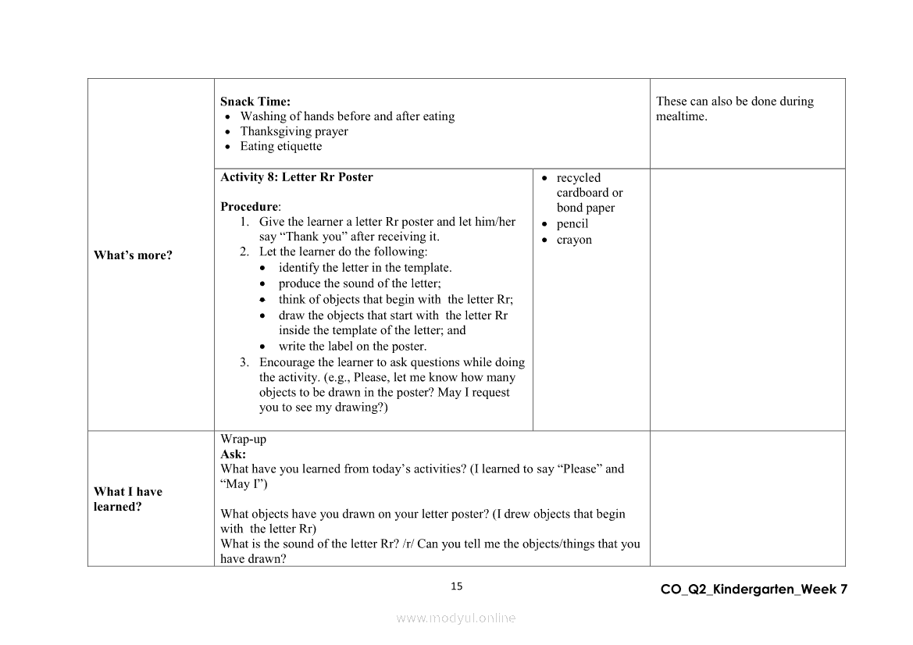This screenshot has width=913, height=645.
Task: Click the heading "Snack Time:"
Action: pyautogui.click(x=255, y=102)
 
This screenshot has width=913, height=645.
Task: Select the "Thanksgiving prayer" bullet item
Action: pyautogui.click(x=294, y=131)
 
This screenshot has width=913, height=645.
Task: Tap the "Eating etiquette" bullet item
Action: pyautogui.click(x=280, y=146)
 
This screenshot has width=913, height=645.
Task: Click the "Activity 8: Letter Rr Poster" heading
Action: pyautogui.click(x=297, y=177)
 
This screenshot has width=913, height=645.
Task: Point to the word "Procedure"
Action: pyautogui.click(x=249, y=207)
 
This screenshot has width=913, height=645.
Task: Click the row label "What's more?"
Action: pyautogui.click(x=133, y=255)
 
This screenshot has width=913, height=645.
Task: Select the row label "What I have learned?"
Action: pyautogui.click(x=128, y=499)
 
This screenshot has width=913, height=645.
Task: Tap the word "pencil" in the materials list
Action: pyautogui.click(x=572, y=224)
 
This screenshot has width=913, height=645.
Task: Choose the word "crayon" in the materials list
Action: pyautogui.click(x=574, y=240)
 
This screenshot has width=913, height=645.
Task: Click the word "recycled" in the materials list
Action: pyautogui.click(x=579, y=178)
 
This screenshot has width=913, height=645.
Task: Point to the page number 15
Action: pyautogui.click(x=457, y=586)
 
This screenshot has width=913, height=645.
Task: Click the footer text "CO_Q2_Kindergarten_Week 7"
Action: pyautogui.click(x=754, y=590)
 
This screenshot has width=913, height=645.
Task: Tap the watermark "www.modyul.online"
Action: pyautogui.click(x=456, y=618)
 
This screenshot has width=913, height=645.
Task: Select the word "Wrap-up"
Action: pyautogui.click(x=243, y=440)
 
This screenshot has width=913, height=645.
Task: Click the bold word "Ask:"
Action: pyautogui.click(x=233, y=454)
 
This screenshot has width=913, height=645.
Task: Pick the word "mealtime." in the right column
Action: pyautogui.click(x=682, y=116)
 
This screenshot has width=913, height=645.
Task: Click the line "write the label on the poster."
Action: pyautogui.click(x=352, y=347)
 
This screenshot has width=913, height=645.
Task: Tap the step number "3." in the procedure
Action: pyautogui.click(x=244, y=362)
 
